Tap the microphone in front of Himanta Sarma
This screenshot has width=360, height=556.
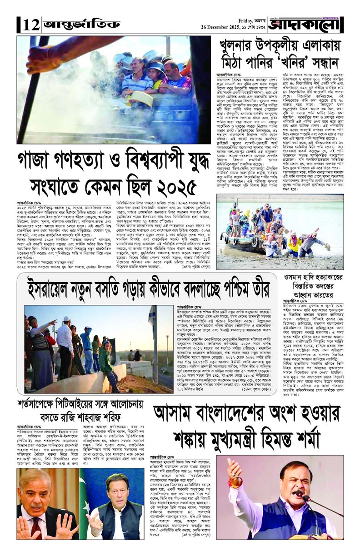coord(304,495)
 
